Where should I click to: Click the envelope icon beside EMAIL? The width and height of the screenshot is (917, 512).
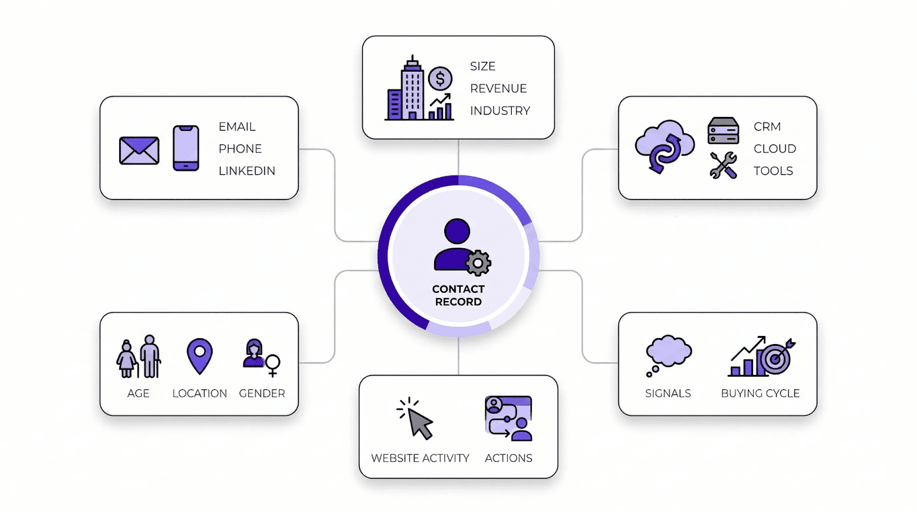point(139,151)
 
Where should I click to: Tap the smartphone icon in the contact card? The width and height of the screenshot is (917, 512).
point(186,148)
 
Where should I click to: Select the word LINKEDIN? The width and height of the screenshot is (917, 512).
point(246,171)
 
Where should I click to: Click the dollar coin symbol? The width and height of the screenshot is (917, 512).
point(440,79)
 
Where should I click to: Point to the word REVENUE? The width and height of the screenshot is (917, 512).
point(498,88)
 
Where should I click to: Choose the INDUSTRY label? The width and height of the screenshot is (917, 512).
point(500,111)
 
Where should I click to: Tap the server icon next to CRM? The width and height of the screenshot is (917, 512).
point(723,131)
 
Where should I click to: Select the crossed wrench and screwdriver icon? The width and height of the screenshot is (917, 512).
point(723,166)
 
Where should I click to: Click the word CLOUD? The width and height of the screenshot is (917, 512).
point(774,148)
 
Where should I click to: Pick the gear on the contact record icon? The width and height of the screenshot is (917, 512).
point(477,263)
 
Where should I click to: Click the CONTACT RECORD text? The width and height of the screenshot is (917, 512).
point(458,295)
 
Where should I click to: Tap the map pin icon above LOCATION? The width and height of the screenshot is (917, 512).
point(199,355)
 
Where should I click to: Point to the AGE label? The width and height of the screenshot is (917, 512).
point(138,393)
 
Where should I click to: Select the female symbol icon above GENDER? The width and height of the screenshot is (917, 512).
point(272,365)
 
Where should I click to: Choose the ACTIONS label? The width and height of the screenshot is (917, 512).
point(508,458)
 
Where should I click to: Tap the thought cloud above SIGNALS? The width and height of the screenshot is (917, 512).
point(668,351)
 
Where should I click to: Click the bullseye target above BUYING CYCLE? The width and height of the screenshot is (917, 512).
point(775,358)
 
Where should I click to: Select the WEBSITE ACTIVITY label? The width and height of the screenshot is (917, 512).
point(420,458)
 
